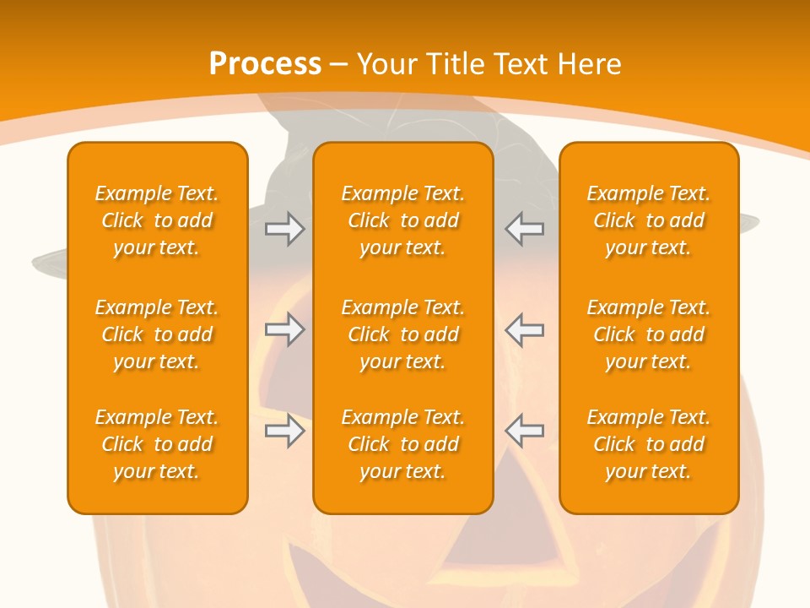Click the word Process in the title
click(x=265, y=64)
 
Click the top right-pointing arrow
click(x=284, y=229)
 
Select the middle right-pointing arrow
click(x=284, y=329)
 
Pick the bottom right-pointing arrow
click(x=284, y=431)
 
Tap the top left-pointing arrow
click(x=524, y=229)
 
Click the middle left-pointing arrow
click(x=524, y=329)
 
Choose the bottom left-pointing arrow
click(x=524, y=431)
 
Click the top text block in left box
click(x=157, y=220)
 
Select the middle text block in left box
click(x=157, y=334)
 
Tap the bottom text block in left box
click(x=157, y=444)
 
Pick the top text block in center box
click(x=402, y=220)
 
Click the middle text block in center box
click(x=402, y=334)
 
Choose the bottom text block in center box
click(x=402, y=444)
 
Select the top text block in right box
click(x=649, y=220)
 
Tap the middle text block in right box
click(x=649, y=334)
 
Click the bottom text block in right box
click(x=649, y=444)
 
